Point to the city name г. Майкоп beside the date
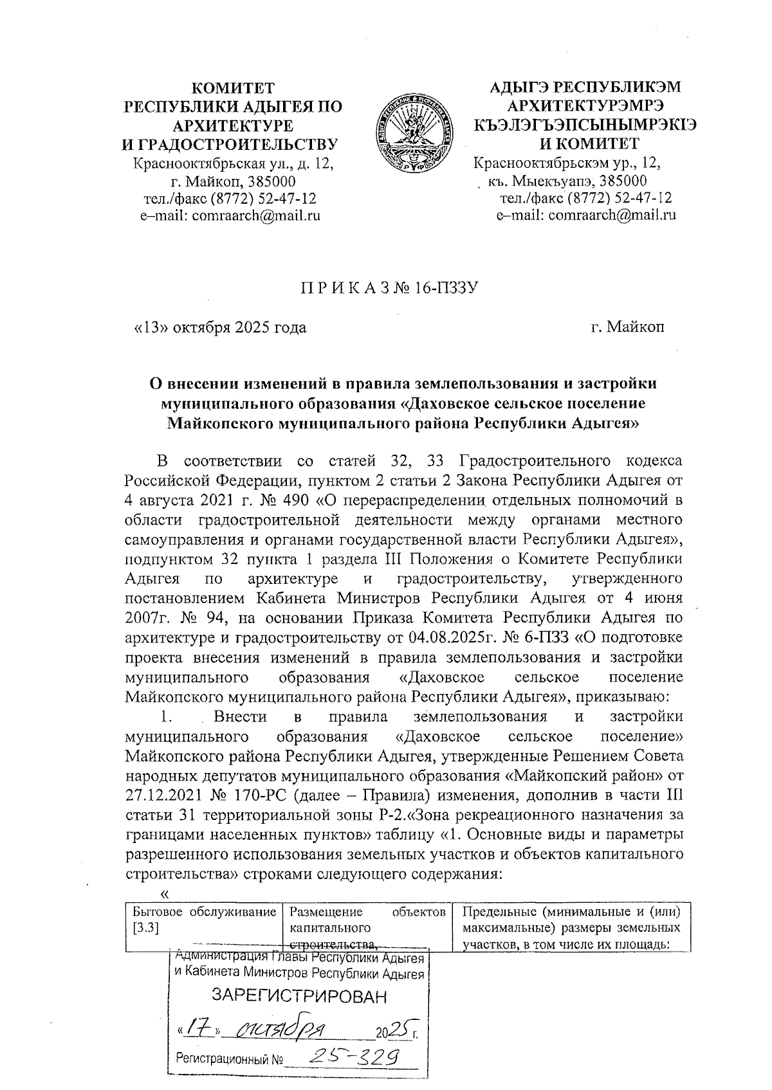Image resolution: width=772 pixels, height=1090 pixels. point(628,327)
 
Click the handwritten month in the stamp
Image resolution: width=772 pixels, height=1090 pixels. point(282,1029)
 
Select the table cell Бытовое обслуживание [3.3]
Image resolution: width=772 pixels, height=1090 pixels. point(203,920)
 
